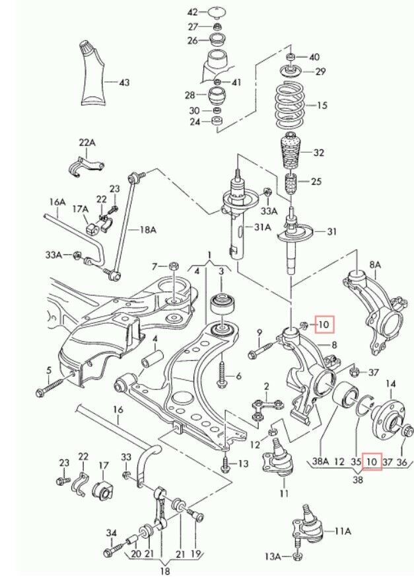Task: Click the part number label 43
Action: coord(124,83)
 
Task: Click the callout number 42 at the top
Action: coord(192,13)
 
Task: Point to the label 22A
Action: coord(87,142)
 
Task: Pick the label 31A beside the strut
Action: coord(263,227)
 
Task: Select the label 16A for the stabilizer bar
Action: coord(57,202)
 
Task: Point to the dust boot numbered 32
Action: coord(291,153)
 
